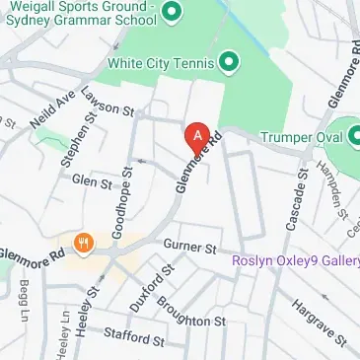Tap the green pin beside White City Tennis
[x=230, y=63]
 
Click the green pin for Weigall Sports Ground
[x=170, y=12]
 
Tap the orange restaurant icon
[x=84, y=242]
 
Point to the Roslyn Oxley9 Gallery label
[x=296, y=261]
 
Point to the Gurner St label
[x=190, y=245]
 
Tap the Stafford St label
[x=133, y=337]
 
